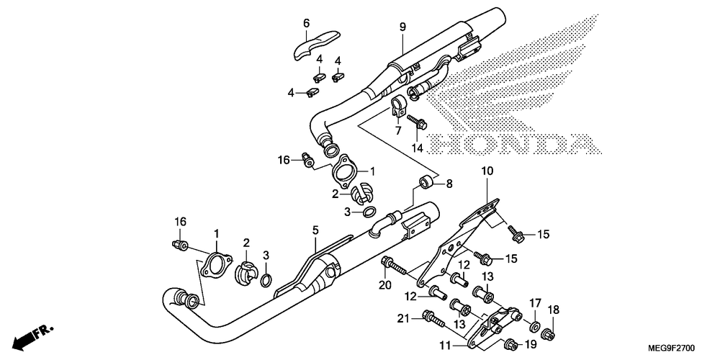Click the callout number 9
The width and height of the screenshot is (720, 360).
[x=403, y=27]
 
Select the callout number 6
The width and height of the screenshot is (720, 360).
[x=306, y=23]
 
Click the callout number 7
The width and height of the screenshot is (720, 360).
[x=397, y=131]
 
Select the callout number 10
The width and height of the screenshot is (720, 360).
[x=487, y=171]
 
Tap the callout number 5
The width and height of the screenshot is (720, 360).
[x=315, y=231]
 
